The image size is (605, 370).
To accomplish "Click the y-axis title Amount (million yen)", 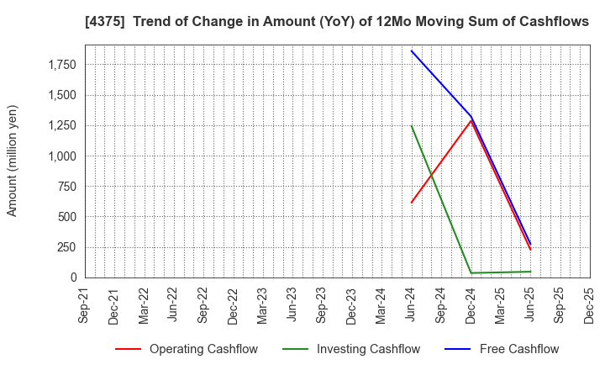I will tap(13, 161).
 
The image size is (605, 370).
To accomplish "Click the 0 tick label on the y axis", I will tap(73, 277).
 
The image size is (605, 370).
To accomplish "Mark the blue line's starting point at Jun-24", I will tap(411, 50).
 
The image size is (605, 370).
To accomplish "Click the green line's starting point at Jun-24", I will tap(411, 125).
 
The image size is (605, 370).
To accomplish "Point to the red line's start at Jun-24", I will tap(411, 203).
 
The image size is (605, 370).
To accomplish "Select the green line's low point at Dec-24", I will tap(471, 272).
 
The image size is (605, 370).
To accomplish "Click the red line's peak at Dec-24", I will tap(471, 120).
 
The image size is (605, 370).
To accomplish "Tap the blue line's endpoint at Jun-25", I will tap(530, 245).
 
